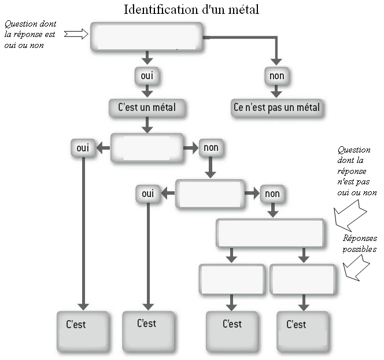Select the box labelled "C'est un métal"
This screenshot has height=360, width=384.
146,107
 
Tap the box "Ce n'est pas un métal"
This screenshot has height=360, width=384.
276,107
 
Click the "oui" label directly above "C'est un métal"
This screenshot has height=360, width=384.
147,76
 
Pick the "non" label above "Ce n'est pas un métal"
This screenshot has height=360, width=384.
276,76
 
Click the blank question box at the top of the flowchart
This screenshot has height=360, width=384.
147,37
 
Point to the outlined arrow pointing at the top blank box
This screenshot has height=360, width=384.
76,34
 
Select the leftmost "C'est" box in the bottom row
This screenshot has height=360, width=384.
83,331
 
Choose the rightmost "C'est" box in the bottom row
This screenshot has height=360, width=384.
303,331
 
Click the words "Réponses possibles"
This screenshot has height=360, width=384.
360,243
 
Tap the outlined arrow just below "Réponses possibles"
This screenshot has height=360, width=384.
356,268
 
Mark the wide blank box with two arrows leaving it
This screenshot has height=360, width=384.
269,233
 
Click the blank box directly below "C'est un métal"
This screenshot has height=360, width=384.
147,148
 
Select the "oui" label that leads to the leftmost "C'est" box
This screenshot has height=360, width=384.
83,148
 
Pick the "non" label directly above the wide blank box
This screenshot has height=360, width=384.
272,194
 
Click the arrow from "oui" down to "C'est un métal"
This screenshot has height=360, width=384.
147,91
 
